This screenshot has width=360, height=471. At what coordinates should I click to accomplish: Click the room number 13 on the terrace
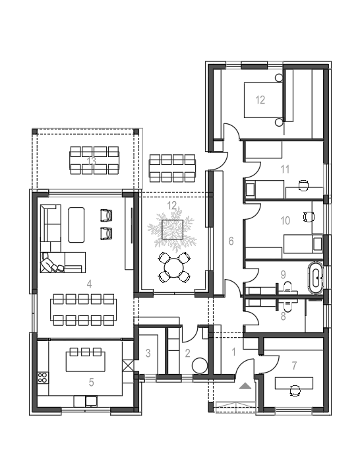coord(91,162)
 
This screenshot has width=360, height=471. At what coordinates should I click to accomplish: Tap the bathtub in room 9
coord(315,278)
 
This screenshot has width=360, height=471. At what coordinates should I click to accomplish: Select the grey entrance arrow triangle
coord(245,386)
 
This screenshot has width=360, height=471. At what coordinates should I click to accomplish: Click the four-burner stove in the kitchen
coord(43,377)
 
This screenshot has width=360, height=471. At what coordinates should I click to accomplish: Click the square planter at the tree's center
coord(173,229)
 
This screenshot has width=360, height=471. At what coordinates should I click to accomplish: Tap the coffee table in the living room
coord(76,225)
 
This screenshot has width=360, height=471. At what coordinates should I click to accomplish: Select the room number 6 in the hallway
coord(231,241)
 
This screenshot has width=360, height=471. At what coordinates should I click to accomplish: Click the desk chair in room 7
coord(295,391)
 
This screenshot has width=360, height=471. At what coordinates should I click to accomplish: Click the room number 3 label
coord(148,354)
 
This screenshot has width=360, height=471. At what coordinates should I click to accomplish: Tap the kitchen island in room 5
coord(86,361)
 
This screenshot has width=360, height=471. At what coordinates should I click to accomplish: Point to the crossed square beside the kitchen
coord(128,366)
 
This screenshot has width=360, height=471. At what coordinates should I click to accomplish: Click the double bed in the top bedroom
coord(263,100)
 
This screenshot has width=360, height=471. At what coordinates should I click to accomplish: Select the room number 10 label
coord(285,221)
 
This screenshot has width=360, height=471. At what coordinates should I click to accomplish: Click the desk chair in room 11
coord(303,185)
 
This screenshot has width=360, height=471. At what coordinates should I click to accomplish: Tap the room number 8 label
coord(283,316)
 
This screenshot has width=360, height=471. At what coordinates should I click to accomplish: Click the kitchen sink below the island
coord(91,401)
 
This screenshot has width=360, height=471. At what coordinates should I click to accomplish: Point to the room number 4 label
coord(89,284)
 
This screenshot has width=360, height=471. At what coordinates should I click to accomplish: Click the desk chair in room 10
coord(309,216)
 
